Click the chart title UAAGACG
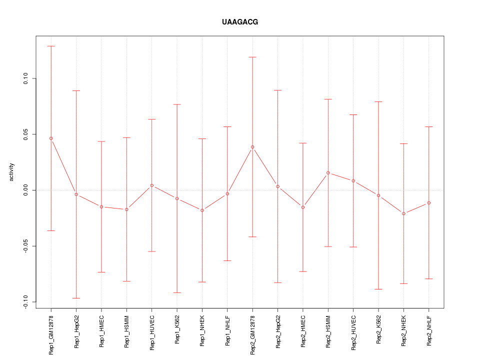pos(240,22)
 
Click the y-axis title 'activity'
pos(12,172)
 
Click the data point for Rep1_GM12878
pos(51,138)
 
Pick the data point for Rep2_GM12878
pos(252,147)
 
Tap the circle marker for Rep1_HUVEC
pos(151,185)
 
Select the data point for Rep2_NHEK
pos(403,213)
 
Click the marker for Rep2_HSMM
pos(328,173)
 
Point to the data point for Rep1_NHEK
pos(202,210)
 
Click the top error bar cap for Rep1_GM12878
pos(51,46)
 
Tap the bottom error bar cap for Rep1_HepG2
pos(76,298)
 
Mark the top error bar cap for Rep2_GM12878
pos(252,57)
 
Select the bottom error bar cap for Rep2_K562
pos(378,289)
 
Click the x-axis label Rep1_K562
pos(177,329)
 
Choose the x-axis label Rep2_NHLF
pos(429,329)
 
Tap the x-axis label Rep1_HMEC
pos(101,330)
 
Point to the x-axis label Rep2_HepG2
pos(278,330)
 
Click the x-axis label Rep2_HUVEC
pos(353,331)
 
